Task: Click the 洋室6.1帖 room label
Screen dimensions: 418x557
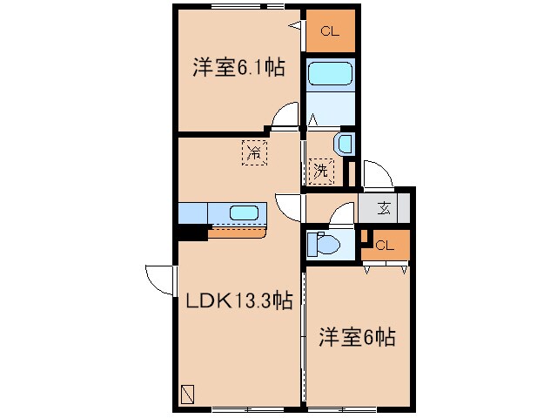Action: pos(238,68)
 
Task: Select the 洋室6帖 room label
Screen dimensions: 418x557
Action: pos(357,337)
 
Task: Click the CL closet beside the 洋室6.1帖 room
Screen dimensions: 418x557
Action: pos(330,32)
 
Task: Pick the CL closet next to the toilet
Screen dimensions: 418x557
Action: pos(385,245)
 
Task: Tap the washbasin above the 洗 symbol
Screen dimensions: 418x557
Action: pos(344,144)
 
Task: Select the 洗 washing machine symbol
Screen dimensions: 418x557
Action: pos(320,170)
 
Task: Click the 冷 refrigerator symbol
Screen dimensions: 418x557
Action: pos(254,153)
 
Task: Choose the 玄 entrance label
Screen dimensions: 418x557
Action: pos(384,207)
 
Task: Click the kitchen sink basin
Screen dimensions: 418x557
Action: pos(245,212)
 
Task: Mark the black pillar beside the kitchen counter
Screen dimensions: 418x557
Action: pos(191,232)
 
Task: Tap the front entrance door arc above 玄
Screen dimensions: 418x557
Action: pos(376,174)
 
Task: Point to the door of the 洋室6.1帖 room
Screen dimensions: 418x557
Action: pos(283,118)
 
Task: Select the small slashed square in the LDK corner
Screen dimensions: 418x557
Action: pos(189,394)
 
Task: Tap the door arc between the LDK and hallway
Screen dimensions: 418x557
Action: pos(288,206)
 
